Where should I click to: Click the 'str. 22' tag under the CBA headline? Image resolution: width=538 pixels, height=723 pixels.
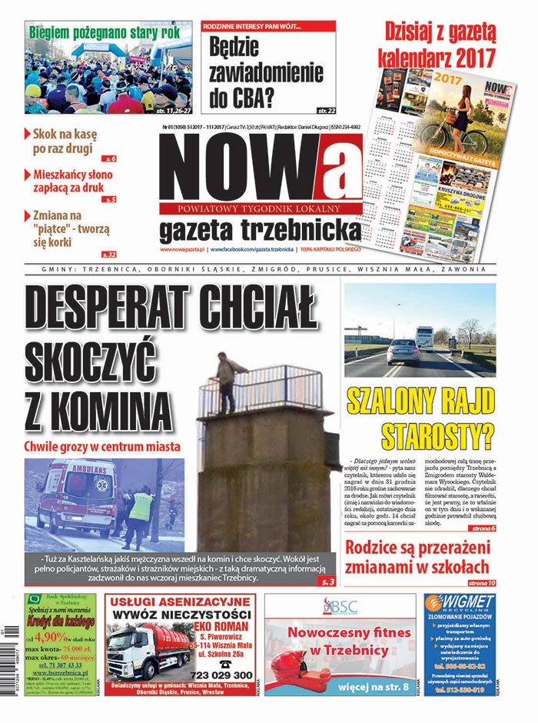(x=326, y=110)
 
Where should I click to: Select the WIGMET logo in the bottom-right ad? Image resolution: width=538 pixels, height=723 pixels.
(x=460, y=605)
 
